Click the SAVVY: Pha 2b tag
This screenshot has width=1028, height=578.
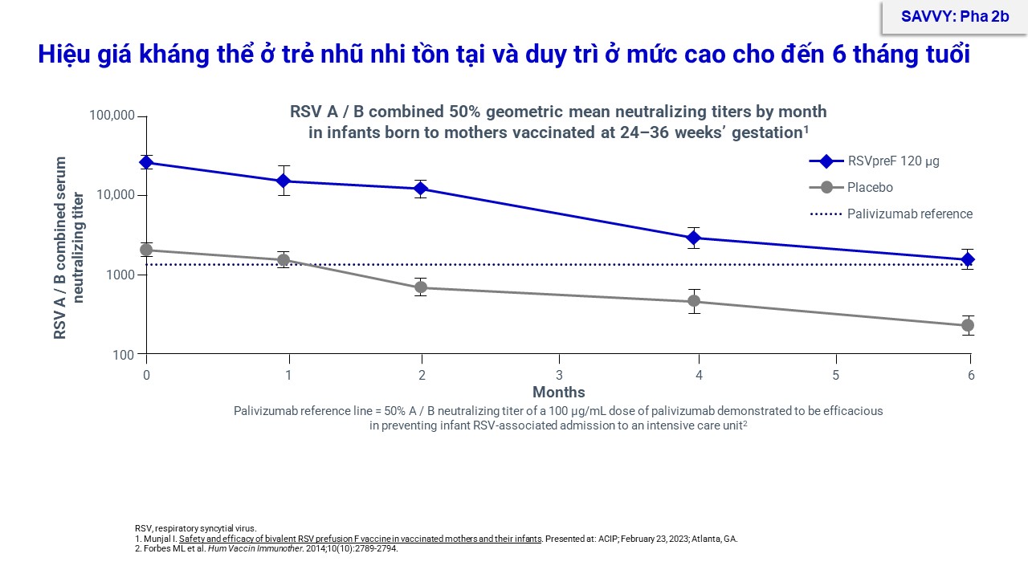(x=955, y=16)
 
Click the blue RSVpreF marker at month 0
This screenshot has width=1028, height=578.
(x=146, y=163)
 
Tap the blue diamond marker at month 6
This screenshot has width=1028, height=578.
(x=968, y=259)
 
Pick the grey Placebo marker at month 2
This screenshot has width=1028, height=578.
(x=421, y=287)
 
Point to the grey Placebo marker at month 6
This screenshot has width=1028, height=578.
(x=968, y=325)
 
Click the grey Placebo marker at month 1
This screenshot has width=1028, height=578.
(x=284, y=260)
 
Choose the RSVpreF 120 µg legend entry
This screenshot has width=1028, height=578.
(x=892, y=161)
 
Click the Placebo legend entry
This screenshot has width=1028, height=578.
(x=870, y=187)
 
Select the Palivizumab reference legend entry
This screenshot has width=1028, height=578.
(x=909, y=214)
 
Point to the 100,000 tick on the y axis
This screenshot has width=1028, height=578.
(x=113, y=116)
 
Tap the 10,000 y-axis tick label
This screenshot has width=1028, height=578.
(x=116, y=195)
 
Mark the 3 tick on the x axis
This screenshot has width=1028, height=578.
(x=559, y=375)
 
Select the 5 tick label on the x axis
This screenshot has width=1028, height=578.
(x=835, y=375)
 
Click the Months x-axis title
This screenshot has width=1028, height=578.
(x=559, y=393)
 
